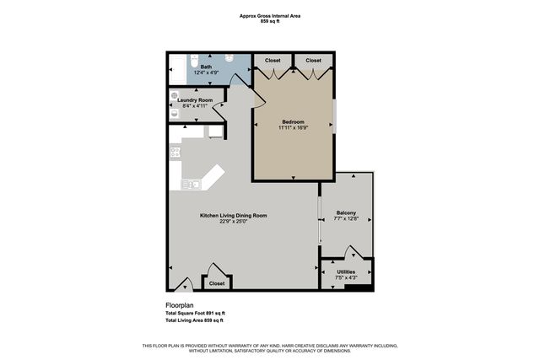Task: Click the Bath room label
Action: [207, 66]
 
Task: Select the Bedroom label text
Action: [294, 122]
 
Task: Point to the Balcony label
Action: [346, 212]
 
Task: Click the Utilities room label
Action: [346, 271]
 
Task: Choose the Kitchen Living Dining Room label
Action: [233, 216]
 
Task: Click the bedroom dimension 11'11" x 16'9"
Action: [294, 129]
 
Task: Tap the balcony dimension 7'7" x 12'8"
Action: [346, 219]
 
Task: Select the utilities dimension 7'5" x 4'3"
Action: [346, 277]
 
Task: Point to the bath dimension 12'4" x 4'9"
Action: [207, 72]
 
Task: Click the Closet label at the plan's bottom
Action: [217, 283]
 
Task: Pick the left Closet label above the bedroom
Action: [273, 61]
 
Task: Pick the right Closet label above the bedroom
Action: [313, 61]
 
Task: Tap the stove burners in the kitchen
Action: [175, 153]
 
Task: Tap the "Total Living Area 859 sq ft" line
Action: [194, 320]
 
